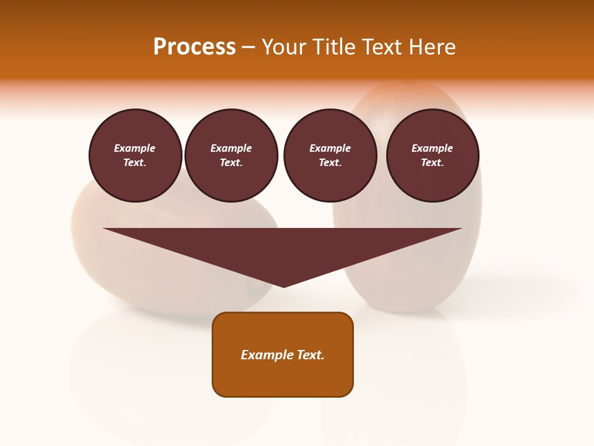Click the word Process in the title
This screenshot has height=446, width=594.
coord(194,47)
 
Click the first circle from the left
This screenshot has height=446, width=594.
coord(135,155)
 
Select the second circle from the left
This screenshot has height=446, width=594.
coord(231,155)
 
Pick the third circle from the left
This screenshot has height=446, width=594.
coord(330,155)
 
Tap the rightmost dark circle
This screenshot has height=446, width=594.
coord(433,155)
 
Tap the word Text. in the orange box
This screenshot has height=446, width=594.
coord(311,355)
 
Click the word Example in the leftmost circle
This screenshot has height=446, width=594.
coord(135,149)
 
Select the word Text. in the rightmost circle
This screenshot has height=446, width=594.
coord(433,163)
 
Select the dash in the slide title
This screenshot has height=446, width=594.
coord(249,47)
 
